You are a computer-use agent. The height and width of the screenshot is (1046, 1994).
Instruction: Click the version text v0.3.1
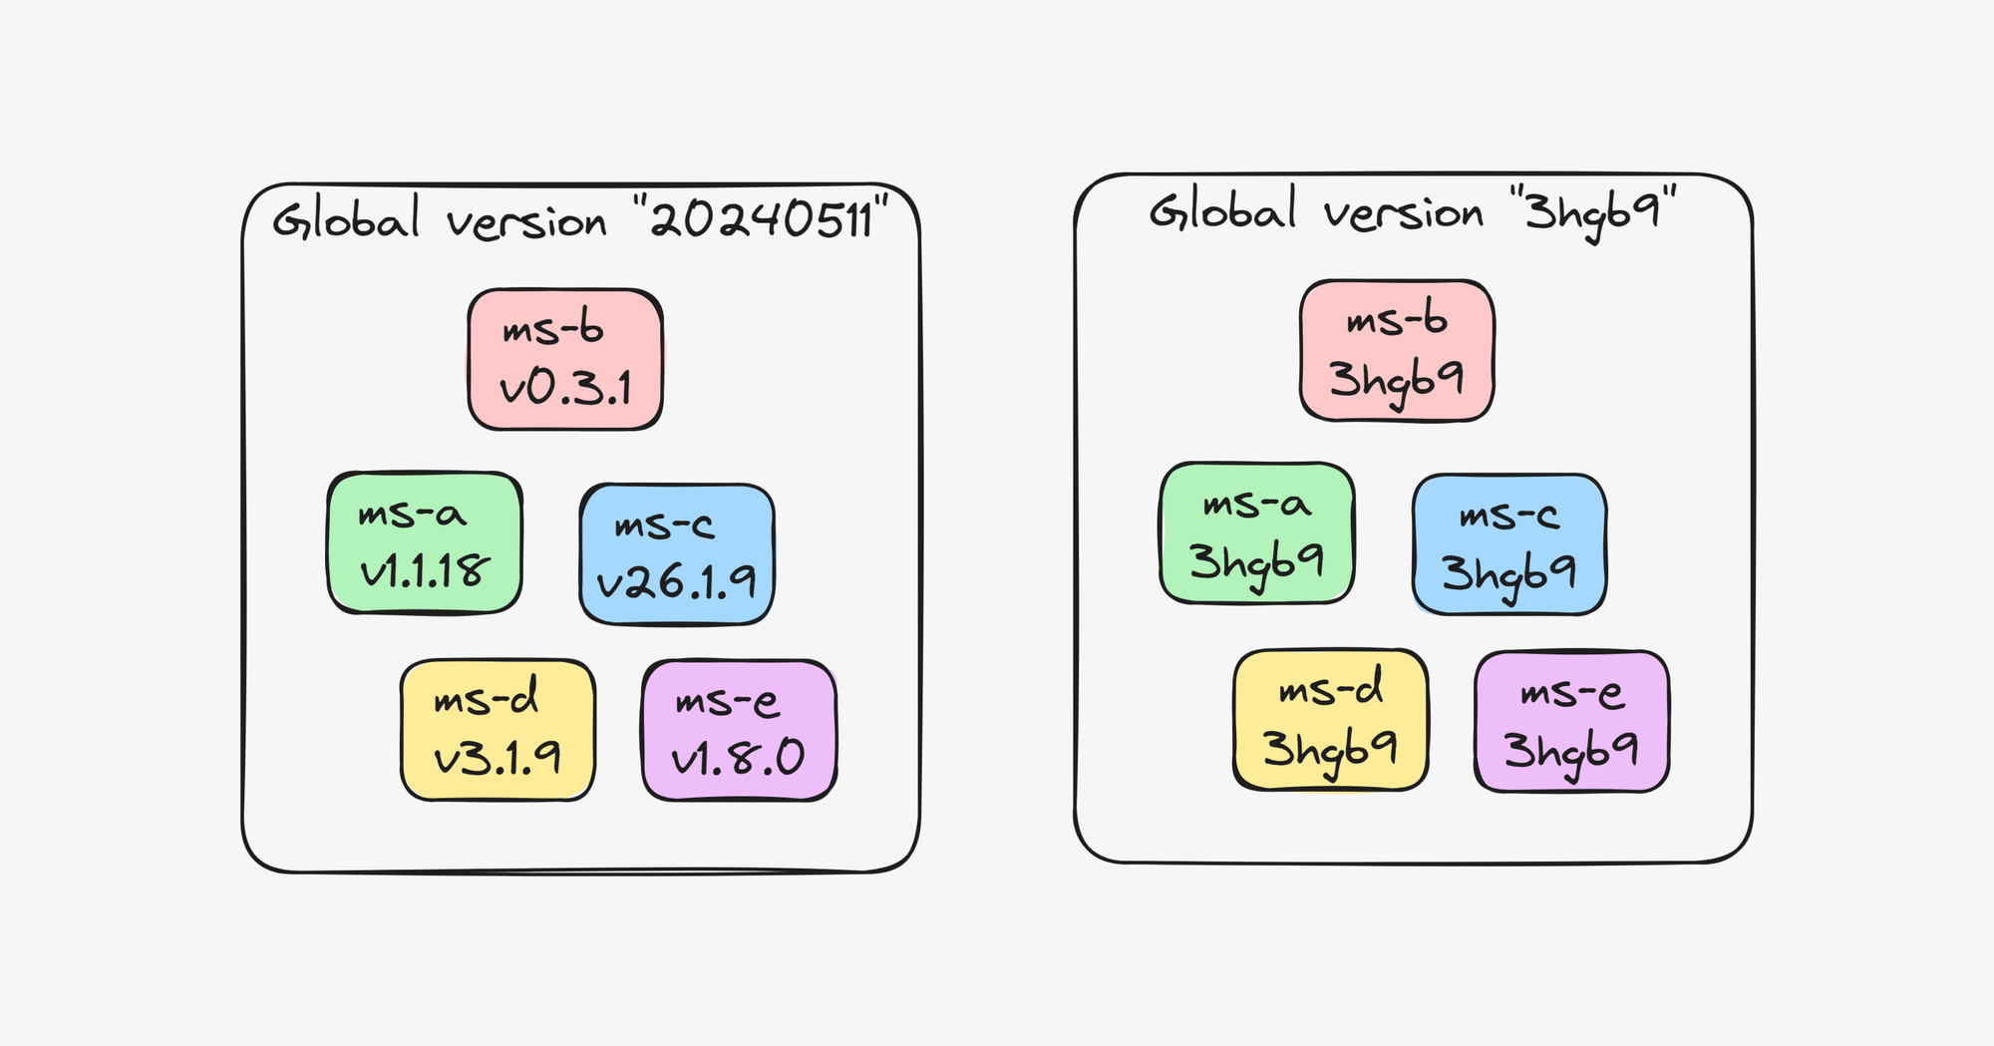565,387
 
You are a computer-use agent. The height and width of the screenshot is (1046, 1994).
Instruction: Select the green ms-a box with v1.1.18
425,541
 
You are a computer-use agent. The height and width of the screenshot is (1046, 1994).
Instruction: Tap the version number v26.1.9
677,581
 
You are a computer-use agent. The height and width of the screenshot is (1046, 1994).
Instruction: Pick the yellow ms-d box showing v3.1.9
498,729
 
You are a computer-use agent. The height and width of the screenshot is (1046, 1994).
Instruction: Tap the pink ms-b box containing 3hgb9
1397,350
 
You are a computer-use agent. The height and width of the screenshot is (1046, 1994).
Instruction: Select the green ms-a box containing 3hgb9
1256,532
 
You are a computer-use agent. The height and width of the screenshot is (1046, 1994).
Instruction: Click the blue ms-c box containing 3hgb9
1509,543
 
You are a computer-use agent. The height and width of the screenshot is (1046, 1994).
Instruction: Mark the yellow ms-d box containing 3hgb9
1331,719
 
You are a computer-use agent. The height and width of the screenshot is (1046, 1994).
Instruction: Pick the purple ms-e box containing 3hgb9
1571,721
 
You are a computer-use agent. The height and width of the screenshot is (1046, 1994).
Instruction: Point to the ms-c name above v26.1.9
664,524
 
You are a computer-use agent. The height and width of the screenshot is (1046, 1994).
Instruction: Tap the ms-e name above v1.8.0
727,701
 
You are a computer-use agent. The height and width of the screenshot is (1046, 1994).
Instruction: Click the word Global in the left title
346,219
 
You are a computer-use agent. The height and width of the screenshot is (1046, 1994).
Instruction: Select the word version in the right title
1404,212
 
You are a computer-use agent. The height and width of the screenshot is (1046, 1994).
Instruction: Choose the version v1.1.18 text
425,570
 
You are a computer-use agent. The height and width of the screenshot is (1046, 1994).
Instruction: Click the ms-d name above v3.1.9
486,698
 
